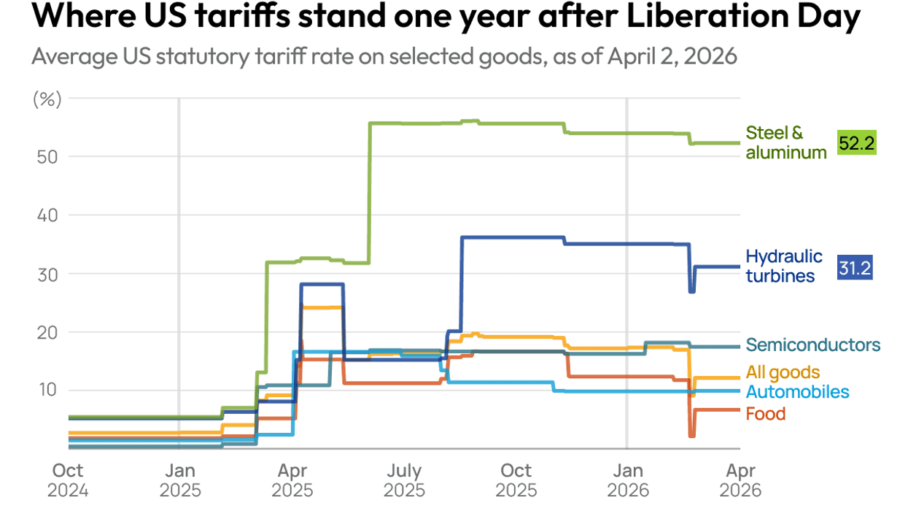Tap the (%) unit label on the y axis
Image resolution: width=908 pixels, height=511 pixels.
(47, 100)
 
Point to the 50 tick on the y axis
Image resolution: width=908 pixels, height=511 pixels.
(47, 156)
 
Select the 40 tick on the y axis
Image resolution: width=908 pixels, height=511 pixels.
(47, 215)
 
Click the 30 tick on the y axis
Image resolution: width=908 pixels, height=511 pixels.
(47, 273)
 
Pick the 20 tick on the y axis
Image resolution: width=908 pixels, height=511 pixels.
(47, 331)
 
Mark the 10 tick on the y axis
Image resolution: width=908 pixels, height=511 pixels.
(47, 390)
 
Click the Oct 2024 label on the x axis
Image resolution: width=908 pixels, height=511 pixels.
(68, 480)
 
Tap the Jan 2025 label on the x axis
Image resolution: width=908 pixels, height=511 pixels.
(179, 480)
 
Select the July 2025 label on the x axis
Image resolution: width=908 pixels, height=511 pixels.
(404, 480)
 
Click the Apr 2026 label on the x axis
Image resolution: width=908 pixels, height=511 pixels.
(741, 480)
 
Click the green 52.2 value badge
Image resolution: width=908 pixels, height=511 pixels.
(855, 143)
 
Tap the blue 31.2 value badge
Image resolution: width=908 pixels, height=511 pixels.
(855, 268)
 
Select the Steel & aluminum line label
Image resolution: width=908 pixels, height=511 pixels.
(785, 142)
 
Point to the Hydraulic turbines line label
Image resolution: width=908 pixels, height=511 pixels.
(783, 266)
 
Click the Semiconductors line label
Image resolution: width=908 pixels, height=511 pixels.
(813, 345)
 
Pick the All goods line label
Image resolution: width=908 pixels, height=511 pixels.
(783, 373)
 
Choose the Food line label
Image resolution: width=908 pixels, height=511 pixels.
(765, 414)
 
